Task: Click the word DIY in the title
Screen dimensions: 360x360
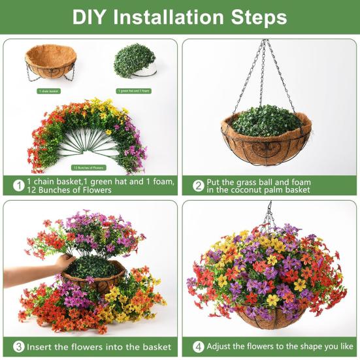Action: tap(91, 17)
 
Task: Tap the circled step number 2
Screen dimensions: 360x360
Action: tap(198, 186)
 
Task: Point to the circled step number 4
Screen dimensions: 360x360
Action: tap(198, 346)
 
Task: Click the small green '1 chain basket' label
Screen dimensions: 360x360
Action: tap(48, 91)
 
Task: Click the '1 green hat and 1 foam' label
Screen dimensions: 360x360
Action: tap(134, 91)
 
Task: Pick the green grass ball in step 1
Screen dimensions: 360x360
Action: tap(134, 61)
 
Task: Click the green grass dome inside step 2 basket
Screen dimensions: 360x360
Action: tap(267, 121)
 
